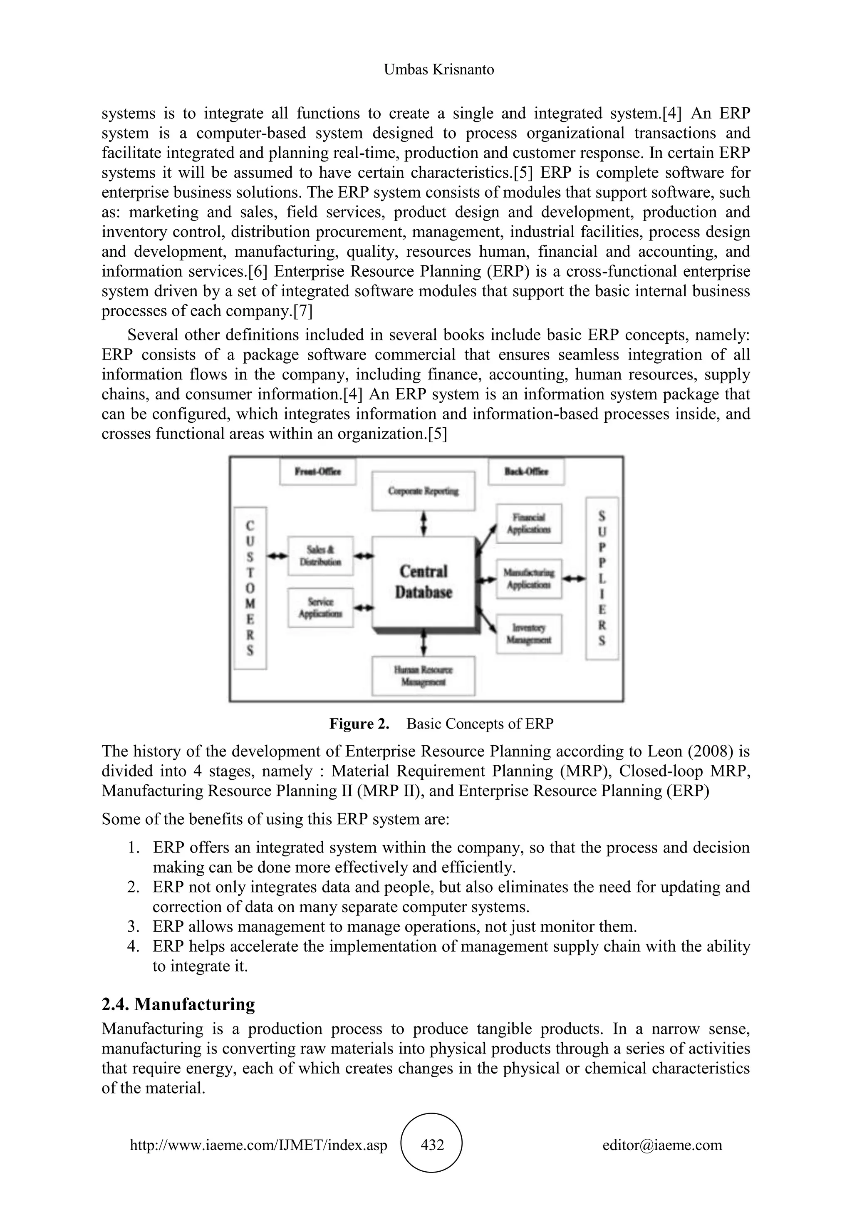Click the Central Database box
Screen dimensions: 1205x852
tap(424, 582)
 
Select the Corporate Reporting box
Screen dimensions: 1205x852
tap(424, 491)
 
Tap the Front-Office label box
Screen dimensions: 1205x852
tap(318, 471)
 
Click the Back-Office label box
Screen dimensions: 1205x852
tap(526, 471)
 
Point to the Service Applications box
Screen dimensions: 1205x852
tap(321, 608)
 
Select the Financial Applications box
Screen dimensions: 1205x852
tap(529, 523)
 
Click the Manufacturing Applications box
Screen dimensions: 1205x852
tap(529, 578)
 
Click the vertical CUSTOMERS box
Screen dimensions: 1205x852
tap(250, 588)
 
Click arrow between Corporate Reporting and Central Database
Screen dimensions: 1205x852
tap(424, 524)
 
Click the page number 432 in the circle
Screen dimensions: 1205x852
tap(432, 1145)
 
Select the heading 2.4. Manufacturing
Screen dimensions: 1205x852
tap(178, 1004)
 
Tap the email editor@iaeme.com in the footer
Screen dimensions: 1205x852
tap(662, 1145)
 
